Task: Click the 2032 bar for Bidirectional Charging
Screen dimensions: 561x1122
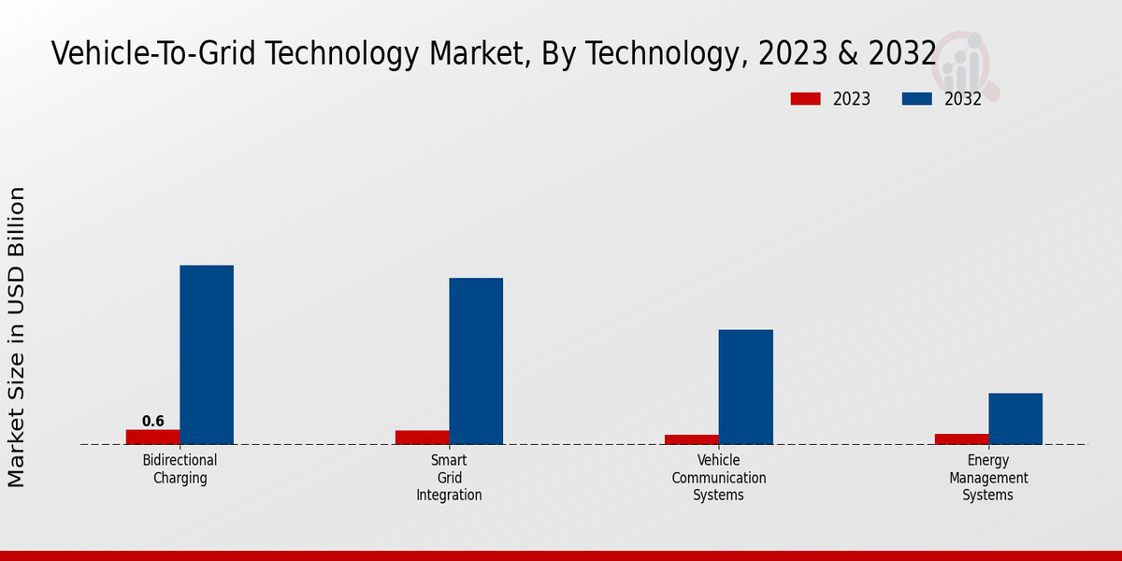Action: (x=207, y=354)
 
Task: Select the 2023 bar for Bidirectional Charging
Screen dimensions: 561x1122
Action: (x=152, y=437)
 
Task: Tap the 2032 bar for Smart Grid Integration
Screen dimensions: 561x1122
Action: (x=476, y=361)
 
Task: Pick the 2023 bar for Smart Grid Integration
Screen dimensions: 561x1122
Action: (x=422, y=438)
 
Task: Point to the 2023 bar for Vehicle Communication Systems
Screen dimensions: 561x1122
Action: (x=692, y=439)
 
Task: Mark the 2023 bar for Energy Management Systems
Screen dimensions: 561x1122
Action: (x=961, y=439)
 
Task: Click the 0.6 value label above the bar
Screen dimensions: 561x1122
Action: (x=153, y=422)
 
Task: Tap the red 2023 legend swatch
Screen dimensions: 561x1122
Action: (x=805, y=99)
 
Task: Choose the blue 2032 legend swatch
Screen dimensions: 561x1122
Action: (x=916, y=99)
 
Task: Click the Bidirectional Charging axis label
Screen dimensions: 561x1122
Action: (x=180, y=469)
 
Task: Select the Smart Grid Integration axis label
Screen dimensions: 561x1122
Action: (x=449, y=478)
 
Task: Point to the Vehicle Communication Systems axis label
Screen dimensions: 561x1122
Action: (x=718, y=478)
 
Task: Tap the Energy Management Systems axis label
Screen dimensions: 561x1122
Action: (x=988, y=478)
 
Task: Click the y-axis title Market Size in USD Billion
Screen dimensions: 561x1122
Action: (x=17, y=337)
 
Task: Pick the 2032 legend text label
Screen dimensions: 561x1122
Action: (x=963, y=99)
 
